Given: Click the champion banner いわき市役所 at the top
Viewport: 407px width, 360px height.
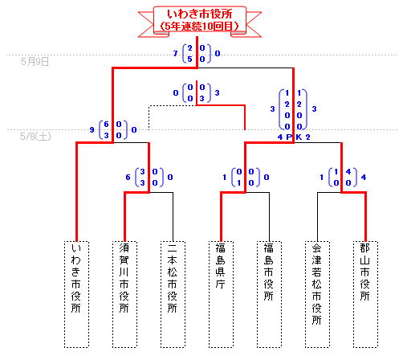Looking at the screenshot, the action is pyautogui.click(x=200, y=20).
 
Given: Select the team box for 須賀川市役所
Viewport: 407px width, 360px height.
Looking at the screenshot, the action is pyautogui.click(x=124, y=294).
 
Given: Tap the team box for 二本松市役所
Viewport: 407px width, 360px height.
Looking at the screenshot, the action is pyautogui.click(x=173, y=294).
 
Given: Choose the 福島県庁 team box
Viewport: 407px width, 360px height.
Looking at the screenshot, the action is pyautogui.click(x=221, y=294).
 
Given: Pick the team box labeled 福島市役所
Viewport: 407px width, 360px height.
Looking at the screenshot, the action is pyautogui.click(x=269, y=294).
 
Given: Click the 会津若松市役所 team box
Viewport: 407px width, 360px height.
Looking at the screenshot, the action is pyautogui.click(x=317, y=294).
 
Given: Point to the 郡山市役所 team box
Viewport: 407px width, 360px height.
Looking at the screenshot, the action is pyautogui.click(x=365, y=294).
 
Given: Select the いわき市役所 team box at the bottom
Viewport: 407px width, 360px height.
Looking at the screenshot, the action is pyautogui.click(x=76, y=294).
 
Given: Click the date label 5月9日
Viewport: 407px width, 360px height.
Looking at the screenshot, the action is pyautogui.click(x=35, y=62).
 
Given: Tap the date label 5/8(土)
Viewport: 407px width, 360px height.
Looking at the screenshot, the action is pyautogui.click(x=35, y=137).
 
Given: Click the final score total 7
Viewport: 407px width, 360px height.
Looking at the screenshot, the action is pyautogui.click(x=176, y=54).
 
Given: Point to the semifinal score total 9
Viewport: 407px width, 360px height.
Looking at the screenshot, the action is pyautogui.click(x=92, y=130).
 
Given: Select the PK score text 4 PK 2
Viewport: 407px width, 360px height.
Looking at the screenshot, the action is pyautogui.click(x=294, y=137).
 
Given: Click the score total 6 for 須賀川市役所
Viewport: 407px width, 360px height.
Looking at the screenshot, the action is pyautogui.click(x=128, y=177).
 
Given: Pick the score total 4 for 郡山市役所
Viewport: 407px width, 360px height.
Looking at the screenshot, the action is pyautogui.click(x=364, y=177).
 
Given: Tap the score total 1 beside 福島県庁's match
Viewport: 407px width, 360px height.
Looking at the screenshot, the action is pyautogui.click(x=225, y=177).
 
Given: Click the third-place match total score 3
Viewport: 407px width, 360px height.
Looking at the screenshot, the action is pyautogui.click(x=217, y=93).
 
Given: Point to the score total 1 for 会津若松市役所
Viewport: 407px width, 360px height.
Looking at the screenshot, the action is pyautogui.click(x=322, y=177).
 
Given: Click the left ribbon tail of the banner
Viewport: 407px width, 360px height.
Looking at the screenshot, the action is pyautogui.click(x=147, y=24).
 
